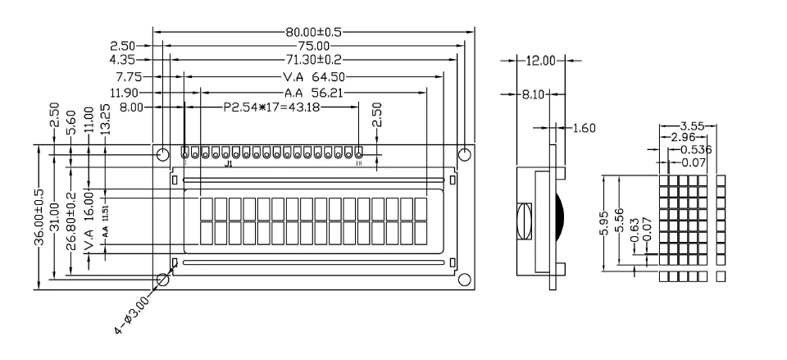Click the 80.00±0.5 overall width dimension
pos(312,33)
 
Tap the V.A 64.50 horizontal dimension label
pos(312,77)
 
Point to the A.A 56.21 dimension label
pos(312,92)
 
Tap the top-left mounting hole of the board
pos(162,154)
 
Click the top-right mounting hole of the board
pos(464,154)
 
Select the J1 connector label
pos(228,164)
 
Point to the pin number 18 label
pos(358,164)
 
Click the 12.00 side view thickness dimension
pos(541,61)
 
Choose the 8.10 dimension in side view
pos(535,95)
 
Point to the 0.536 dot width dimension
pos(697,150)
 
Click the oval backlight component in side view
pos(525,221)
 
